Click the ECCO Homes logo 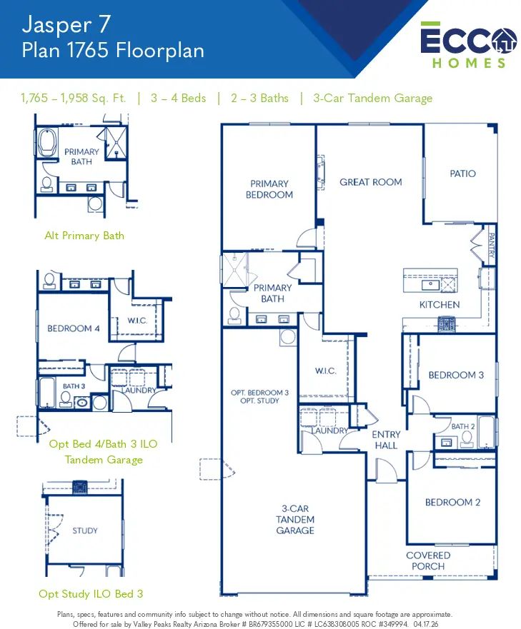468,45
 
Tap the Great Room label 371,182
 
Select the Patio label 463,173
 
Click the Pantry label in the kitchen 491,246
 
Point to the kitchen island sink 430,285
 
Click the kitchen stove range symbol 446,323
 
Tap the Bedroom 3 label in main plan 456,375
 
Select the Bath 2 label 463,426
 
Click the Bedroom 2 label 452,502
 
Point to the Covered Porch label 428,560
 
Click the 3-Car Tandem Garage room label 295,520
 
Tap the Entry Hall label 386,440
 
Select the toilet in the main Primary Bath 234,316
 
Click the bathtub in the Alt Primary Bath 47,142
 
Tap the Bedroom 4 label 74,328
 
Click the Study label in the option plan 85,530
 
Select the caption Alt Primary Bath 84,236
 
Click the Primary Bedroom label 269,189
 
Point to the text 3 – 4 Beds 179,99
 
